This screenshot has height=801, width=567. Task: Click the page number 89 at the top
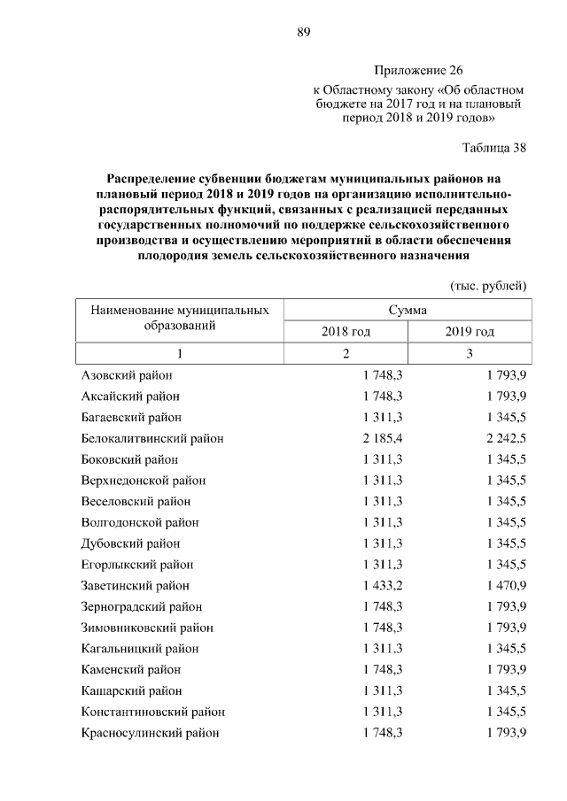click(303, 33)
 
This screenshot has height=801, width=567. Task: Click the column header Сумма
click(408, 311)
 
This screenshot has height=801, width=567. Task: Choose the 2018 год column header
click(346, 332)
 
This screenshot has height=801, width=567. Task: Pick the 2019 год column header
click(470, 332)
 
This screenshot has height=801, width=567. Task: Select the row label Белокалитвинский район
click(151, 438)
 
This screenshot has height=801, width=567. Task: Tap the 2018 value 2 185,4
click(383, 438)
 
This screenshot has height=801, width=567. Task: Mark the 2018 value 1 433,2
click(383, 586)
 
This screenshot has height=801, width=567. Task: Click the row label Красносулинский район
click(150, 733)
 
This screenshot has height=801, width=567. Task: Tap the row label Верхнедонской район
click(143, 481)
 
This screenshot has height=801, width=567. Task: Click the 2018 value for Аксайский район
click(383, 397)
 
